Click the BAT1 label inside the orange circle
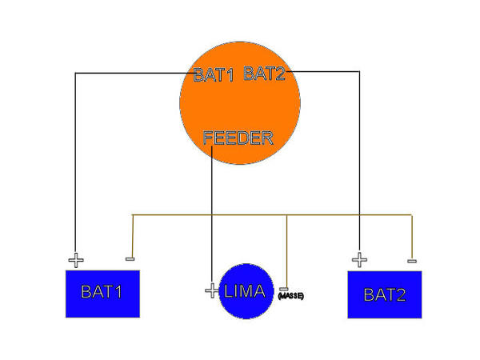(213, 75)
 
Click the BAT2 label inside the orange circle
(264, 74)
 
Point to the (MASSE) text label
(290, 297)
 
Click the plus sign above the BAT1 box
(75, 261)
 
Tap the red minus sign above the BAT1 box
(130, 259)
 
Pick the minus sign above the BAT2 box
(411, 261)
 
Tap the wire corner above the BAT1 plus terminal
(75, 74)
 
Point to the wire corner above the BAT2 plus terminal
(360, 72)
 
